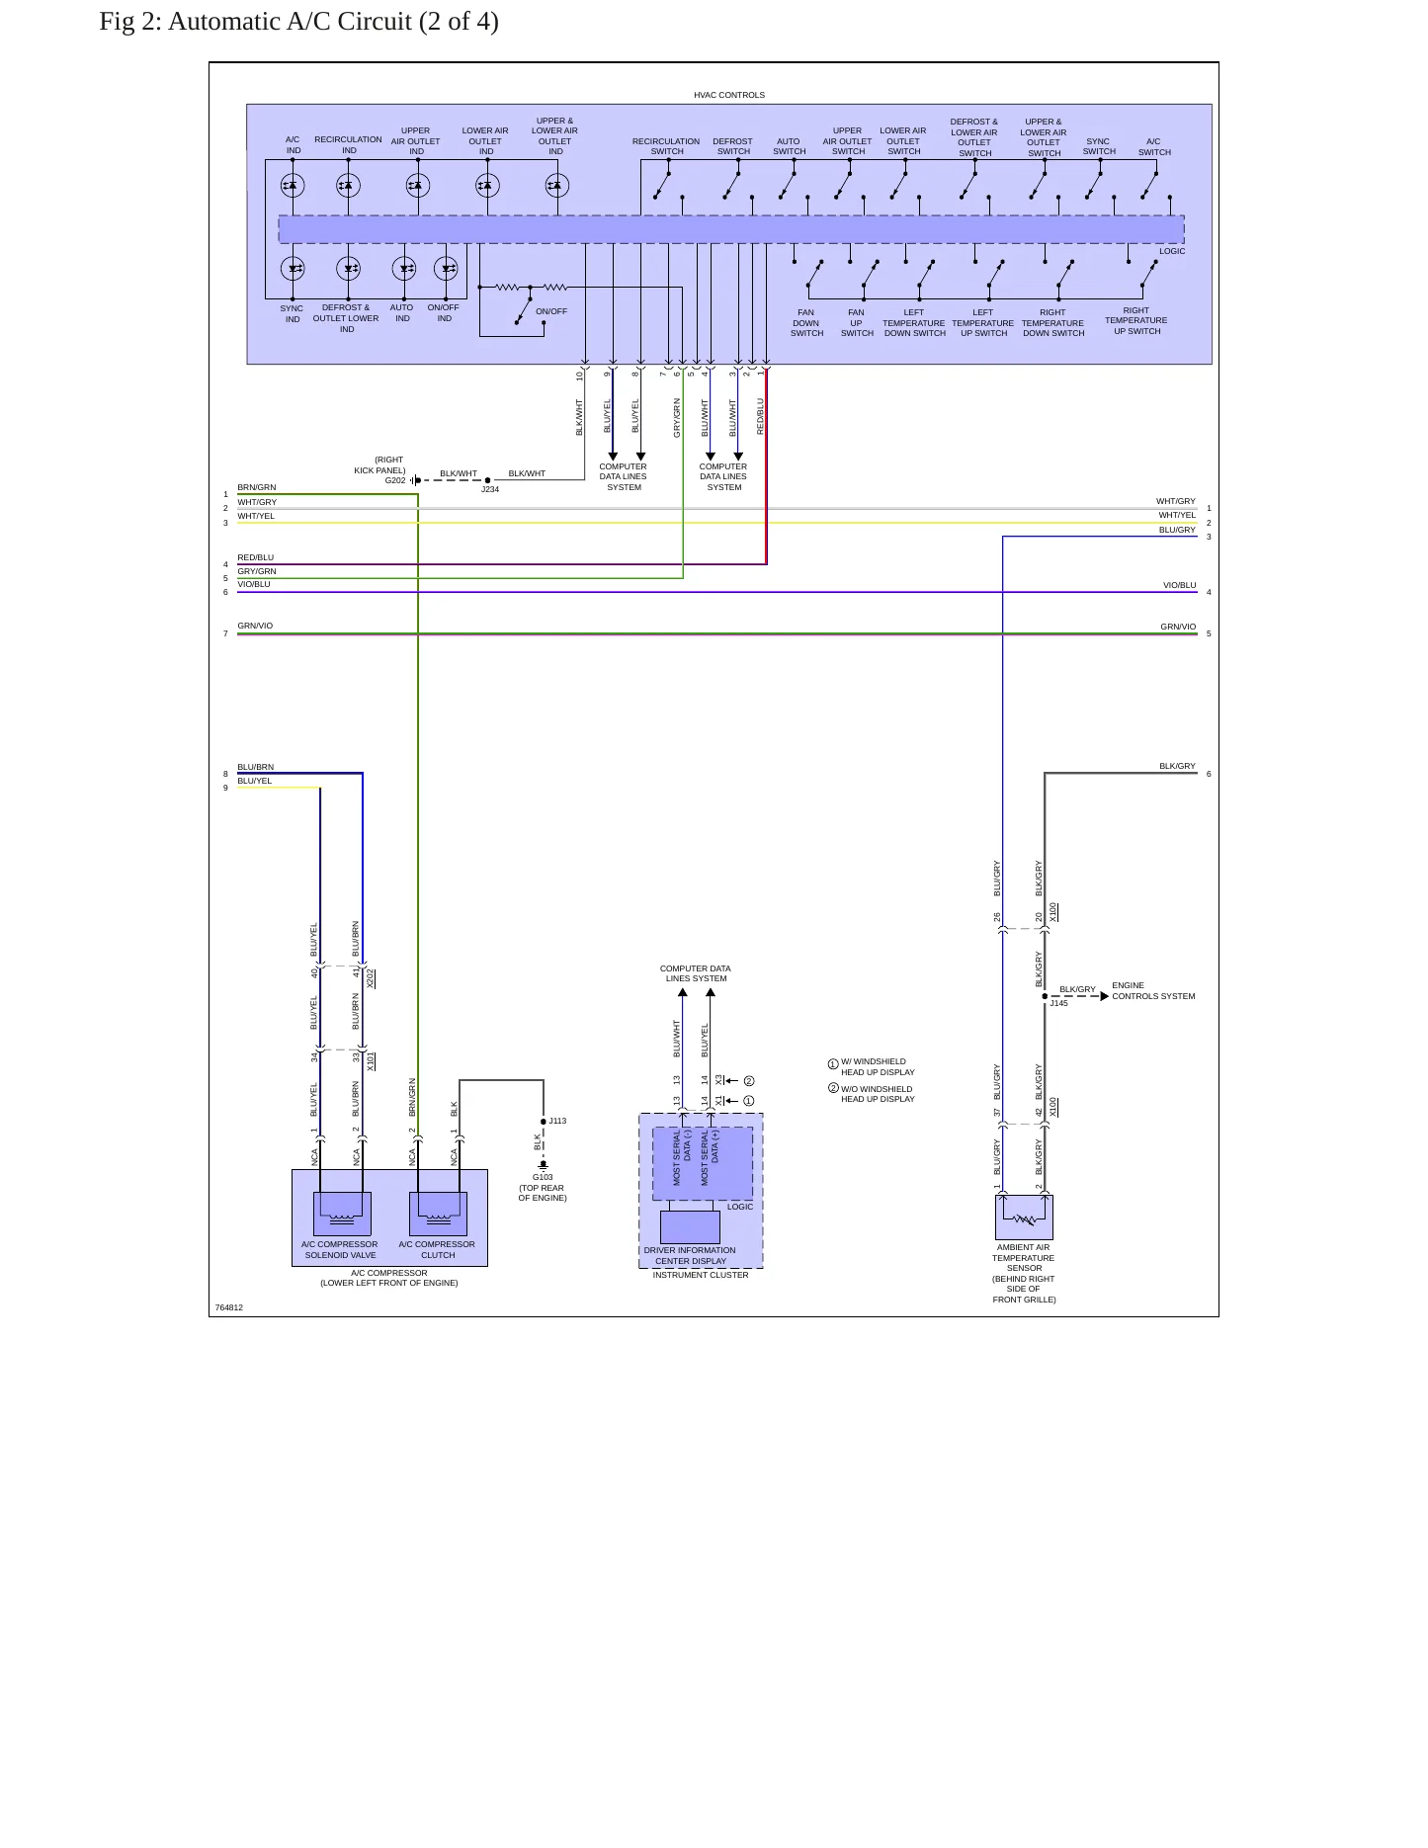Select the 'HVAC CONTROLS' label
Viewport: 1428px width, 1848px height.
pos(729,95)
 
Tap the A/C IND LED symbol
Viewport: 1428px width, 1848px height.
pos(293,185)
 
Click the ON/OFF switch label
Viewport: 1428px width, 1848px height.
pos(551,311)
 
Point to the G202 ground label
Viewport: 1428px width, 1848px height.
pos(395,480)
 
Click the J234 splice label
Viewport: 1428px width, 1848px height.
pos(490,489)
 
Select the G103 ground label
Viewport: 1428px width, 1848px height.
pos(543,1177)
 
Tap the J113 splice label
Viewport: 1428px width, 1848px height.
pos(557,1121)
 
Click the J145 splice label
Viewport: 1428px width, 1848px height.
pos(1058,1003)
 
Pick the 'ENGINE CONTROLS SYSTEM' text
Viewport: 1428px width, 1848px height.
pos(1153,990)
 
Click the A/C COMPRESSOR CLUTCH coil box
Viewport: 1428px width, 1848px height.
pos(438,1214)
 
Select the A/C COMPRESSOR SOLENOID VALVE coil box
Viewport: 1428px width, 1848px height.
pos(342,1214)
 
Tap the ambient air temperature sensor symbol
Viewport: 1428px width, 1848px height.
pos(1024,1217)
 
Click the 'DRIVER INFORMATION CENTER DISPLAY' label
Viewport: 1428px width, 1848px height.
pos(690,1255)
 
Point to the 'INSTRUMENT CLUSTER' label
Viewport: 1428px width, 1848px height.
pos(701,1275)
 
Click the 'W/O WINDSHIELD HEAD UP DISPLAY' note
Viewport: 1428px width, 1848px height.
pos(878,1094)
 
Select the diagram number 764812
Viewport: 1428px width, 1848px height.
pos(228,1307)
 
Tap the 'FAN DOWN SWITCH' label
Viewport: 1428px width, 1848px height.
pos(806,323)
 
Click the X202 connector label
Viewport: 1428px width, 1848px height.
pos(371,978)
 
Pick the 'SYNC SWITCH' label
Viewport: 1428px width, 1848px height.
pos(1099,146)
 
